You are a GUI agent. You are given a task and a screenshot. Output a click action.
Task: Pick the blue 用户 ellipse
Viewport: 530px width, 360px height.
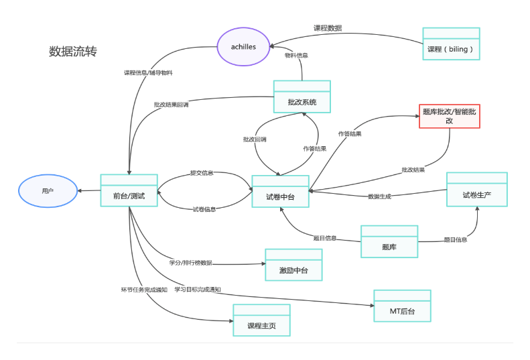coord(47,191)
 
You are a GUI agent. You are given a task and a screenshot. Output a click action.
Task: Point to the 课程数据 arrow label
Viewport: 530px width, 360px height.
coord(328,28)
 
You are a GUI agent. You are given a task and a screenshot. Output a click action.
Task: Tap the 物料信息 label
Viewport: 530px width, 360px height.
coord(296,56)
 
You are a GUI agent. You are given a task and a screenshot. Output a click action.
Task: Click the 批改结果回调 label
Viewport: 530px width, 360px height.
coord(171,105)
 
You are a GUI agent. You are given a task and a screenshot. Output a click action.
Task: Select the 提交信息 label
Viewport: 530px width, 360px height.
coord(202,173)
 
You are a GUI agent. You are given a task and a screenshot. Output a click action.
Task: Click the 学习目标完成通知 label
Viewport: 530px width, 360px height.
coord(198,290)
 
